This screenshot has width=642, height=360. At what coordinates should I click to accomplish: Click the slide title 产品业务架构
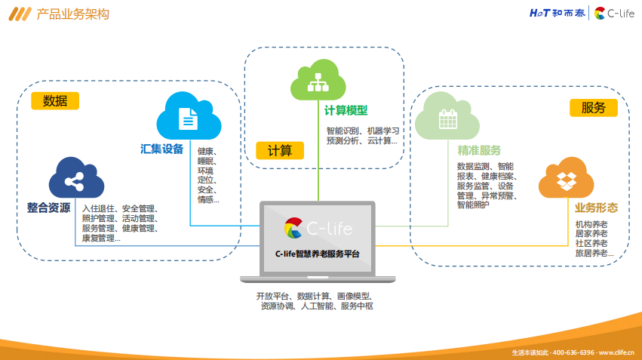73,14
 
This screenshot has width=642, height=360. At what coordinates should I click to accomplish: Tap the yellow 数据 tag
55,100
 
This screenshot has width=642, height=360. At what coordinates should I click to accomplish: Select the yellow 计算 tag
280,150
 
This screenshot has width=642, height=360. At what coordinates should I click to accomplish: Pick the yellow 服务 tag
593,108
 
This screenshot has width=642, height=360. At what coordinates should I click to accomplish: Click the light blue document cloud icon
189,116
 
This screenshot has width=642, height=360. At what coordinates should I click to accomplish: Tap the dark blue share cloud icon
76,178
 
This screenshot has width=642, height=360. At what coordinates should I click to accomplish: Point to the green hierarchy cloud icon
318,80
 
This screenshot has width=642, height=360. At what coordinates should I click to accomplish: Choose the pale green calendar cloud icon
447,116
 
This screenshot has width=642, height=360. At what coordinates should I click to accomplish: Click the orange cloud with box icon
567,178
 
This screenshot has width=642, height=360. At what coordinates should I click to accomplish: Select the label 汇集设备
161,149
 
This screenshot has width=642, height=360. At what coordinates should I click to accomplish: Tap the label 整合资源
48,208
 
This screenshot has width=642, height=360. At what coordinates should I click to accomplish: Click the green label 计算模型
346,110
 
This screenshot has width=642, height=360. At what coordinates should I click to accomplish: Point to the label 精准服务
479,150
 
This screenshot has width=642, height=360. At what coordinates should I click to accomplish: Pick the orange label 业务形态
596,208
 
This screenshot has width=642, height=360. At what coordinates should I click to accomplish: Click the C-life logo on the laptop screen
318,228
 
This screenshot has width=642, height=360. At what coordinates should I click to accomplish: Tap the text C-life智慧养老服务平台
318,254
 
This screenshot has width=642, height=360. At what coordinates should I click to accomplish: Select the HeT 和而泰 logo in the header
557,13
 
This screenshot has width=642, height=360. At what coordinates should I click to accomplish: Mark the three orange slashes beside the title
20,14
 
